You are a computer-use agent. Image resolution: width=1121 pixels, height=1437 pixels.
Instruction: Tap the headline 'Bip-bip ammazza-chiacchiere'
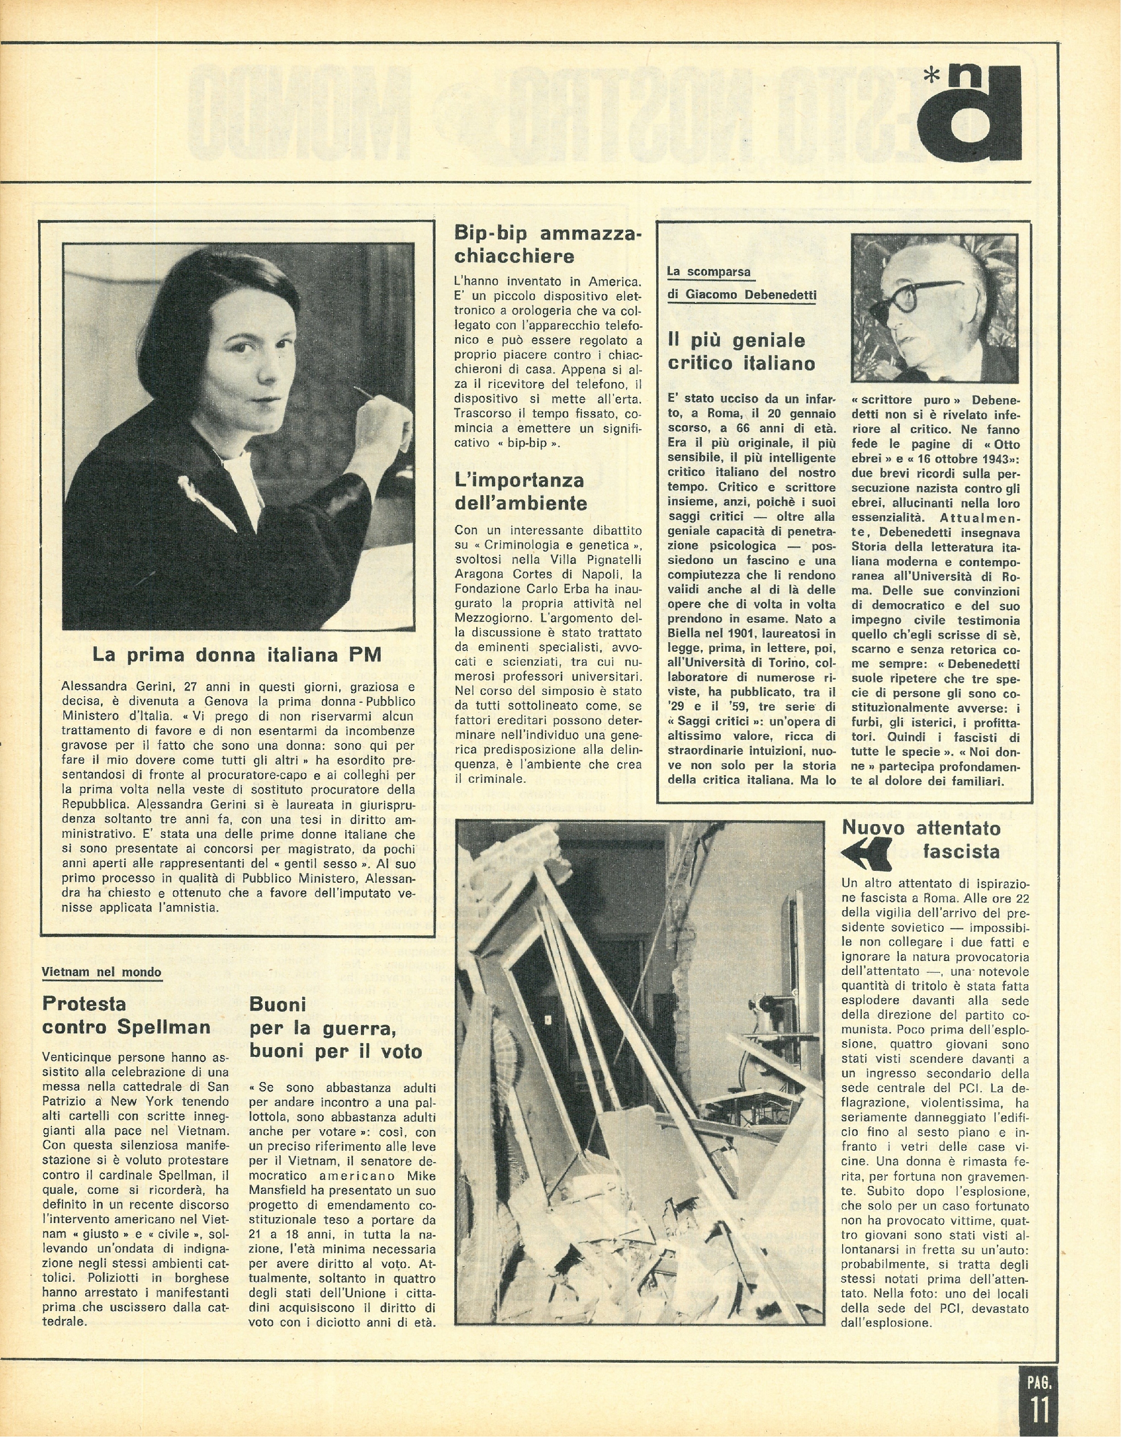pyautogui.click(x=547, y=245)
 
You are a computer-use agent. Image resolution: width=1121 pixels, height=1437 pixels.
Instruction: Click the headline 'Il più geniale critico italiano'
pyautogui.click(x=741, y=352)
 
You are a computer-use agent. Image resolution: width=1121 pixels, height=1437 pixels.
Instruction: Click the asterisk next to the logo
pyautogui.click(x=932, y=77)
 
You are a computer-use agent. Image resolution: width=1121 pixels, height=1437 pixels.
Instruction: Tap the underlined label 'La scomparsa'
pyautogui.click(x=708, y=271)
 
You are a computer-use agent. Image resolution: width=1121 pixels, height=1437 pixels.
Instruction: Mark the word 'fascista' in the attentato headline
pyautogui.click(x=961, y=852)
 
